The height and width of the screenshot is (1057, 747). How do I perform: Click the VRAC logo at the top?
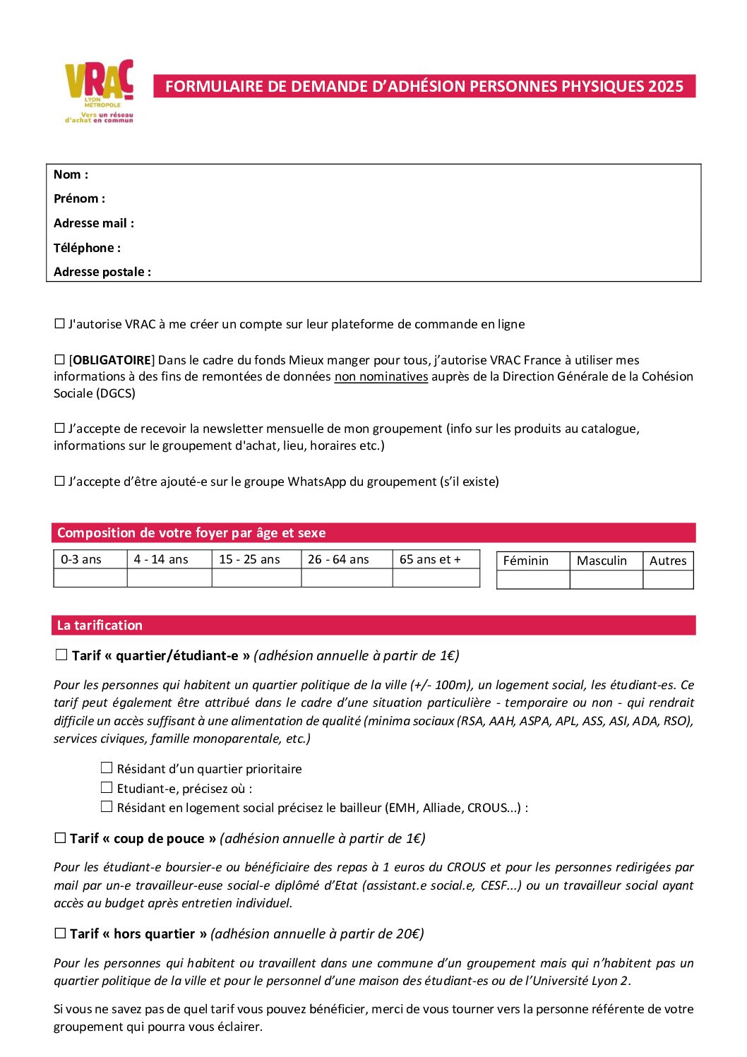click(x=99, y=90)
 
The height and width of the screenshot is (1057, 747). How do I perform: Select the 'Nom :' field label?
click(x=71, y=174)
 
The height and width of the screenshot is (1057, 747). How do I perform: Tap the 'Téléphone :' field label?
click(x=87, y=248)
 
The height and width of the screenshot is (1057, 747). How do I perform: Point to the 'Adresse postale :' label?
click(x=102, y=272)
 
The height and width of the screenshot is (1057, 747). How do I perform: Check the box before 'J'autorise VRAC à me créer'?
click(x=60, y=324)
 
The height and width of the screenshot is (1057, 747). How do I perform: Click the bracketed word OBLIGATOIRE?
click(x=112, y=360)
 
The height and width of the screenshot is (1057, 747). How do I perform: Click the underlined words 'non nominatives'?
click(x=381, y=376)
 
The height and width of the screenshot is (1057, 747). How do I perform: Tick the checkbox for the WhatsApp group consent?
click(x=60, y=482)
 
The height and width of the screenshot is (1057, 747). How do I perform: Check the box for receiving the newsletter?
click(x=60, y=429)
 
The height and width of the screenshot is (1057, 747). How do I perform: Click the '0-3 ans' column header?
click(x=81, y=559)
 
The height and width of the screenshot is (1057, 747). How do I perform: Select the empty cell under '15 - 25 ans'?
click(x=256, y=578)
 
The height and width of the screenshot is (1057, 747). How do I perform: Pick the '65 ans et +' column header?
click(x=430, y=559)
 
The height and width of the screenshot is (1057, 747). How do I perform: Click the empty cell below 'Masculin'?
click(x=606, y=580)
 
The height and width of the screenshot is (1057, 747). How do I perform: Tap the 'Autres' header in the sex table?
click(x=668, y=561)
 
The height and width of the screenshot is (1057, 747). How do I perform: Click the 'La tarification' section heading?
click(x=100, y=625)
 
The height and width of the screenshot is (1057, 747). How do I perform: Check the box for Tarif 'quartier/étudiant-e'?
click(x=61, y=655)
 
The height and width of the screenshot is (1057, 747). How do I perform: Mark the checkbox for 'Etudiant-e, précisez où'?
click(x=107, y=788)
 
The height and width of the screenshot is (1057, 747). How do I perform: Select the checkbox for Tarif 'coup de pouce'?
click(x=60, y=838)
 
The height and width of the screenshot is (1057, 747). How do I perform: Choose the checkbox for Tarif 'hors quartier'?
click(x=60, y=933)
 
